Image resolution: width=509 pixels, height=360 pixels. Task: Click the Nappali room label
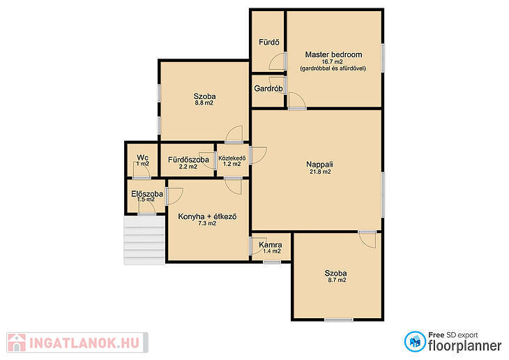(319, 165)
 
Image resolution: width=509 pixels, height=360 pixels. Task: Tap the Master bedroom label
(333, 54)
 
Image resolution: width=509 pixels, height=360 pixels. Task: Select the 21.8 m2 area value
(320, 172)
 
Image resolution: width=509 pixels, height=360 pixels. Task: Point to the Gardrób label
(268, 88)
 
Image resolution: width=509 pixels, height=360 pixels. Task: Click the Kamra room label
(271, 245)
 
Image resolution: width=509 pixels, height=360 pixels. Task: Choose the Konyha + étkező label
(207, 216)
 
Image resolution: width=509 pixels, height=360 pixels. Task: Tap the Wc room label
(142, 158)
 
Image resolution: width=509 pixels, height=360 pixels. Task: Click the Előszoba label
(147, 194)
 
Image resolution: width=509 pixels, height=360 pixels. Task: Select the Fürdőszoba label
(188, 160)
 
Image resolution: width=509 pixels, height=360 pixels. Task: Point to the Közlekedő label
(231, 158)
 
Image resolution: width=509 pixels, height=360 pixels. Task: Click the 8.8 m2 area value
(204, 103)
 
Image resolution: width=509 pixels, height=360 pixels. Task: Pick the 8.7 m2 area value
(337, 280)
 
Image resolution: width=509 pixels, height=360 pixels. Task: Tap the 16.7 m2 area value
(332, 61)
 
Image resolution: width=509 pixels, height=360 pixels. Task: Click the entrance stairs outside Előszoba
(144, 241)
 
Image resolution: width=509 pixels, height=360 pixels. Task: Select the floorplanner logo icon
(415, 341)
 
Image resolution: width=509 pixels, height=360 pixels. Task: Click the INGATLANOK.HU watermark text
(84, 343)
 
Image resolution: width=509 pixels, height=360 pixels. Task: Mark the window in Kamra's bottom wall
(272, 262)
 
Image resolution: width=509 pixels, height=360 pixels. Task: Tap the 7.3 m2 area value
(207, 223)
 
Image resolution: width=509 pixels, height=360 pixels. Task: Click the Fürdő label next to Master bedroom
(268, 42)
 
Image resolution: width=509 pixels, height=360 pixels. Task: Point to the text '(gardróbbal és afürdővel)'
(333, 68)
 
